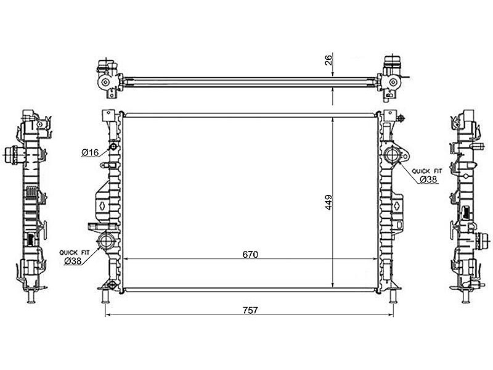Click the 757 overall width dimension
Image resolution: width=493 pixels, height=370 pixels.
(250, 310)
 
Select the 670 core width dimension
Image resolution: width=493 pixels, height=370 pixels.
(250, 254)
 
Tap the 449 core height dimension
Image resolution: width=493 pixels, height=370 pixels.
(328, 203)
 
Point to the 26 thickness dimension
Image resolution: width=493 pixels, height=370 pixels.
(328, 60)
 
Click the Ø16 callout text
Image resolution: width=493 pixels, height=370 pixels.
(90, 152)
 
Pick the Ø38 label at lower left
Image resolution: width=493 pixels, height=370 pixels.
(73, 261)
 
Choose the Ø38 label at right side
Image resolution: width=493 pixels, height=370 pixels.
(428, 179)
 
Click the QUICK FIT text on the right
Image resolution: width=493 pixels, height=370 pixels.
(426, 171)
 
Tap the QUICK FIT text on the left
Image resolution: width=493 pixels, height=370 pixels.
(75, 253)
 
